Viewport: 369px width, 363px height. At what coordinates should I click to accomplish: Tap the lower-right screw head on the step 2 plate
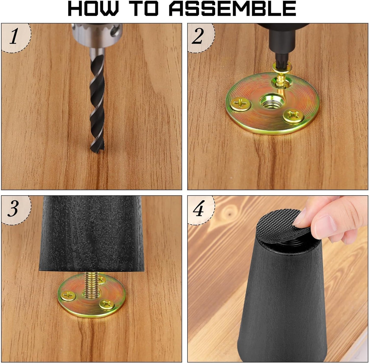pos(293,116)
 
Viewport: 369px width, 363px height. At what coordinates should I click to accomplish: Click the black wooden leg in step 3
pos(91,234)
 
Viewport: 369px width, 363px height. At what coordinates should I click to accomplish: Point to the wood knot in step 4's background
pos(229,213)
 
